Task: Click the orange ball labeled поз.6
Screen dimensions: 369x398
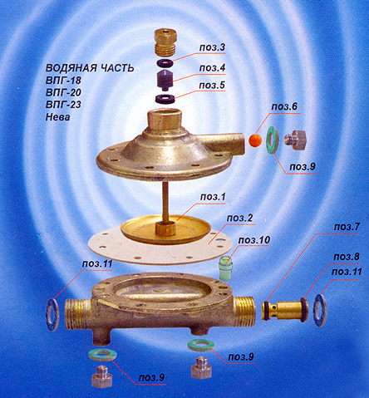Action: tap(255, 140)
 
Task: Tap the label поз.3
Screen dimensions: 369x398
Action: tap(212, 47)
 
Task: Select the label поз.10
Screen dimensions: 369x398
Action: tap(253, 240)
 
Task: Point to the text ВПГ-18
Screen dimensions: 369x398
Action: tap(63, 81)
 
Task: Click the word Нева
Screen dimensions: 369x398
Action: tap(57, 117)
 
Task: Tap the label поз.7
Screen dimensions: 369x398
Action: tap(347, 227)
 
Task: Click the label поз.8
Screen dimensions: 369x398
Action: tap(347, 257)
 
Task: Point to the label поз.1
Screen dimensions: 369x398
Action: tap(213, 197)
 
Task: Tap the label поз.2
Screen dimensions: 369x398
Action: tap(239, 219)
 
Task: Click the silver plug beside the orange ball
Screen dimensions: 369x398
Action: tap(295, 140)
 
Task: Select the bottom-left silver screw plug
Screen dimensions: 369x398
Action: tap(102, 376)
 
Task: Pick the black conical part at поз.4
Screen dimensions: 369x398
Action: tap(165, 80)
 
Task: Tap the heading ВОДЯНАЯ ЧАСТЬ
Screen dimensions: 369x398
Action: tap(90, 68)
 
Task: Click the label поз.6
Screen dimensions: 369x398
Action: tap(284, 107)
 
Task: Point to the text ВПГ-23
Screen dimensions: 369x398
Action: tap(63, 105)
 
